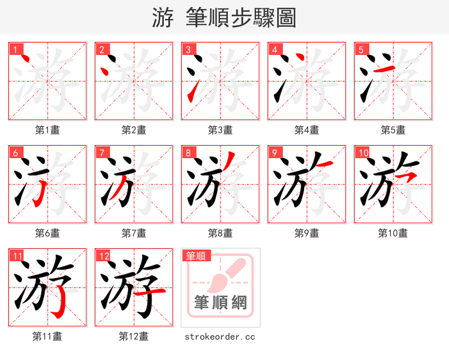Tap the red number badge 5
[361, 49]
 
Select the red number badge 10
[363, 152]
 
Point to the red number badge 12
[103, 256]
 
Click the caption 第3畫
[220, 130]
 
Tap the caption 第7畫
[134, 233]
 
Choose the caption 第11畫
[47, 336]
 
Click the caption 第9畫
[306, 233]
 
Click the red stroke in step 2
[104, 71]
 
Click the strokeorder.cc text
[220, 336]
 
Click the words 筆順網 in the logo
[221, 303]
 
